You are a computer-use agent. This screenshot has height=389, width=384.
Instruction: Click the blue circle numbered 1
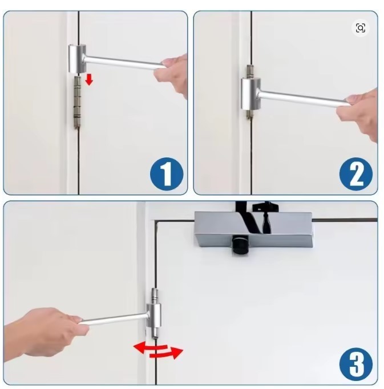(167, 174)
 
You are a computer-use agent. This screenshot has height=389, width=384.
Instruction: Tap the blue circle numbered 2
(356, 174)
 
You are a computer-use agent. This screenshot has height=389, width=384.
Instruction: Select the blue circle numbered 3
(356, 364)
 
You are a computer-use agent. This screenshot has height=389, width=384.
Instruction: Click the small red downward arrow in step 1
(89, 80)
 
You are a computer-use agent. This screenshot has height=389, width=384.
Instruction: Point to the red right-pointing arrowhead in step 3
(177, 352)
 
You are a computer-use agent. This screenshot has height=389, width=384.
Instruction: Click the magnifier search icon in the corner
(360, 28)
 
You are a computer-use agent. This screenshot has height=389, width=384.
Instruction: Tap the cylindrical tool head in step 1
(77, 59)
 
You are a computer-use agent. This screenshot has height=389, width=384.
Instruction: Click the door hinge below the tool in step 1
(77, 103)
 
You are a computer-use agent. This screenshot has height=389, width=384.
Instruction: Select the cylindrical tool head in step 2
(250, 94)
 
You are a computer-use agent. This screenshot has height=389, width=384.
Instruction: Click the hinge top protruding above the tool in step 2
(249, 71)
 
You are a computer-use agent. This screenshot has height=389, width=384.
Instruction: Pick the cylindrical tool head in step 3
(154, 315)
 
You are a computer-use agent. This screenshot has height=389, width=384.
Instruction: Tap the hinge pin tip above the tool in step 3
(155, 295)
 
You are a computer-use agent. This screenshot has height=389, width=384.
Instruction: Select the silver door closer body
(254, 229)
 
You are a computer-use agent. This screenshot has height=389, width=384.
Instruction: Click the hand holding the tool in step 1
(172, 74)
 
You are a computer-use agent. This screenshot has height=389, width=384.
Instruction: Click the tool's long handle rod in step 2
(302, 98)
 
